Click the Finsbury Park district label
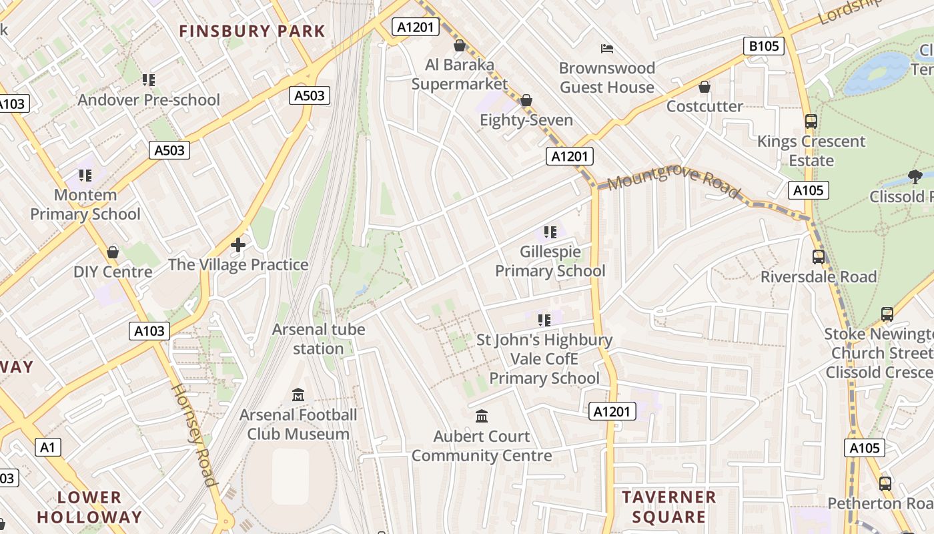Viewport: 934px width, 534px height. [252, 31]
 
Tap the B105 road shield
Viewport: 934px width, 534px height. [763, 46]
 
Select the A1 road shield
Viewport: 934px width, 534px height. [47, 447]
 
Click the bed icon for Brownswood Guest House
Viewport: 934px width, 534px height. [607, 48]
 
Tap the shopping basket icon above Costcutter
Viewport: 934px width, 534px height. [705, 87]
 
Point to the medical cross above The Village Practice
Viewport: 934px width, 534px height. [238, 245]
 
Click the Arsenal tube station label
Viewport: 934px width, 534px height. [318, 339]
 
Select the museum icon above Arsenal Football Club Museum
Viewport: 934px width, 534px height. [298, 395]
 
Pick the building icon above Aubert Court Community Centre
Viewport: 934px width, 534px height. [481, 417]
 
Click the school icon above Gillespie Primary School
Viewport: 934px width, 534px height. [550, 232]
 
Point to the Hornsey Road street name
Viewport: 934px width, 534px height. [195, 434]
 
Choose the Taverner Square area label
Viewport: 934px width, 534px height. [668, 507]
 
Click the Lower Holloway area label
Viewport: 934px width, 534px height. [89, 507]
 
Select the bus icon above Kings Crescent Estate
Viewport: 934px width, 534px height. [811, 121]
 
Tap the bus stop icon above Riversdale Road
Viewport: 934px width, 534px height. [819, 257]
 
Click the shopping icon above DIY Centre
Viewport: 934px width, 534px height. [113, 252]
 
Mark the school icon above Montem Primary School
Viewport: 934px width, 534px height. [85, 176]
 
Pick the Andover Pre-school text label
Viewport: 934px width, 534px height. [149, 100]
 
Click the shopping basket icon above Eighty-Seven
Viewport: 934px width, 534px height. [526, 100]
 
